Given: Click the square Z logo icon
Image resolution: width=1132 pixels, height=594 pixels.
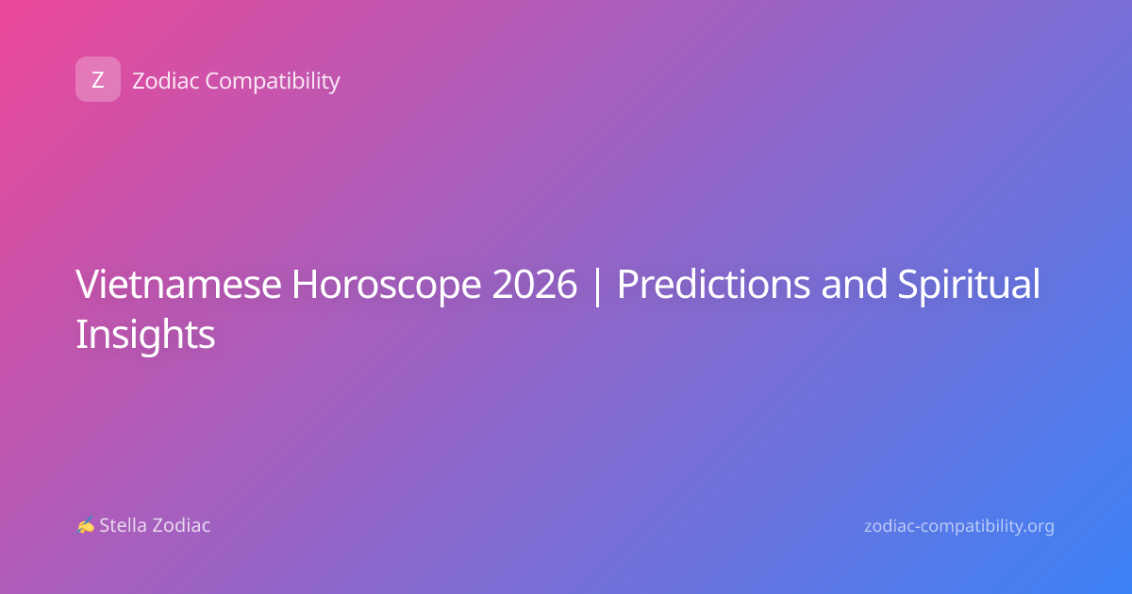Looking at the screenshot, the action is [98, 79].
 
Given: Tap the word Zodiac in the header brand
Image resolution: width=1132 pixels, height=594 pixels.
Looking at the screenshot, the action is [166, 81].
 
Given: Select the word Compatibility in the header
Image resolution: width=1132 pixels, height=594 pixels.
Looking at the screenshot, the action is [273, 82].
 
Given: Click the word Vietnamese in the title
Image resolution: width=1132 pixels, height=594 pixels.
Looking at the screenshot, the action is [178, 284].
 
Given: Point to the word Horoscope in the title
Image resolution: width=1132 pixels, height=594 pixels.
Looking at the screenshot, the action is [386, 286].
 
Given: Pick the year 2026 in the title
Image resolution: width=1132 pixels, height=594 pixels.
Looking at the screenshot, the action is [534, 284].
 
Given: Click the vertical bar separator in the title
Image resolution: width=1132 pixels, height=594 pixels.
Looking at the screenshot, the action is [597, 286].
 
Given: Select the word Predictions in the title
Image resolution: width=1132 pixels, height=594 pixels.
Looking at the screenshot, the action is [713, 284].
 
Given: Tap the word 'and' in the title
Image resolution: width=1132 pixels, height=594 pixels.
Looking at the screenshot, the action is [854, 284].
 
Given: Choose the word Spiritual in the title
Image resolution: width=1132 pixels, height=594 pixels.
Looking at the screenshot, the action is [969, 286].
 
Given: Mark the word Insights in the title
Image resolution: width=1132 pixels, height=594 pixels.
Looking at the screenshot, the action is [145, 336].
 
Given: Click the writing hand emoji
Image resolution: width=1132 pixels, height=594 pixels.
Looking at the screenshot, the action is [86, 525].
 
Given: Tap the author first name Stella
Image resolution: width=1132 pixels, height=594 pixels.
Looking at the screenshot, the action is [123, 525].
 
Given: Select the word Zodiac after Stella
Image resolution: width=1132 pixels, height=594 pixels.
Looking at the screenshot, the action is [180, 525].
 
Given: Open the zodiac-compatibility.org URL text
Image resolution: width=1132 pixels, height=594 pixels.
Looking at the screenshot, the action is [959, 526].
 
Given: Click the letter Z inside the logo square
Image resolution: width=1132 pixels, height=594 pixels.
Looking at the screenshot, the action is [98, 80].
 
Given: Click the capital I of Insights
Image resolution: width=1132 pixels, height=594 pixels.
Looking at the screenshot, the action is [79, 334].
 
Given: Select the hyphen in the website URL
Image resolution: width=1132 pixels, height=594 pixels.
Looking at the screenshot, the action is [917, 527].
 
